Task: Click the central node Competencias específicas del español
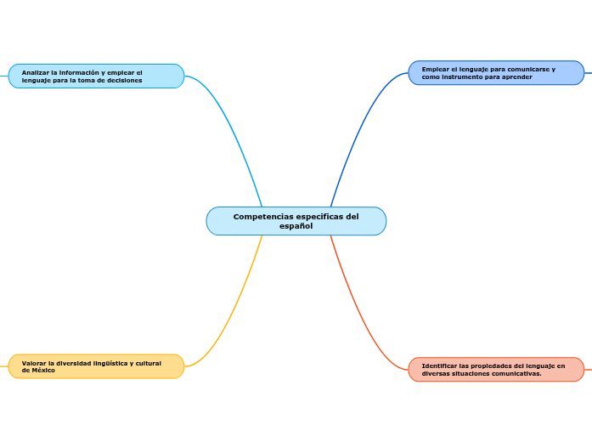(x=296, y=221)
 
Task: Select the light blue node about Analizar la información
(x=96, y=76)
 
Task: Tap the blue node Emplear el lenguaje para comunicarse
(x=496, y=73)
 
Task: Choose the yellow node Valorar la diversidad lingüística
(x=96, y=366)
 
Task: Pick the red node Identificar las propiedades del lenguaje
(x=496, y=370)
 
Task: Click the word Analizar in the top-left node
(x=37, y=72)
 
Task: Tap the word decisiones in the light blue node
(x=124, y=80)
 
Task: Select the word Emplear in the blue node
(x=436, y=69)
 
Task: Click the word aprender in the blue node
(x=516, y=77)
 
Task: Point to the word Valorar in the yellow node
(x=35, y=363)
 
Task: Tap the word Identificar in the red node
(x=440, y=365)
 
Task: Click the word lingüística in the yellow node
(x=106, y=363)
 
